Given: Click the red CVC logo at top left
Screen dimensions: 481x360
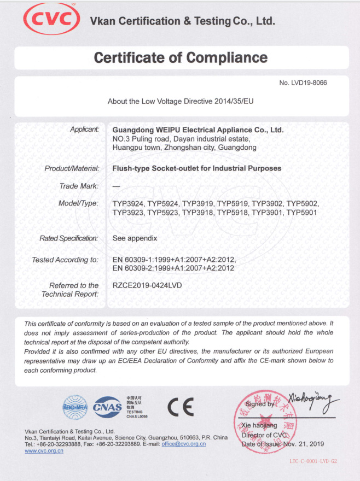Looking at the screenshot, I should coord(51,19).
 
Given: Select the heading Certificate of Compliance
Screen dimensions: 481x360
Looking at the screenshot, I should coord(181,57).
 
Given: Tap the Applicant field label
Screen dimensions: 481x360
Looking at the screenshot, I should coord(84,130).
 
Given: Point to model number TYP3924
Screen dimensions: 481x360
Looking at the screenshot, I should coord(129,203).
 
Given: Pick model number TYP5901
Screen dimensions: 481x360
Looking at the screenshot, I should coord(302,212).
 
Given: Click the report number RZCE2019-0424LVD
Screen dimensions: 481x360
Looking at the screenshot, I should coord(147,285).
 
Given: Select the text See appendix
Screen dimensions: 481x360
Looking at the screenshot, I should coord(135,238).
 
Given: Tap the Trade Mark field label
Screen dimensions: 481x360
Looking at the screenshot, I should coord(79,186).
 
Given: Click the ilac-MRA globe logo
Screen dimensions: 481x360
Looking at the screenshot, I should coord(76,407).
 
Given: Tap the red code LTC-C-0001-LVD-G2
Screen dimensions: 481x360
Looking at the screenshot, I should coord(313,461).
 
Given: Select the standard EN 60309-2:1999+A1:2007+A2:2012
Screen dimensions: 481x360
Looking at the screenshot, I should coord(173,268).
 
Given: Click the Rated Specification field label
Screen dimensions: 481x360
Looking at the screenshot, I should coord(68,238).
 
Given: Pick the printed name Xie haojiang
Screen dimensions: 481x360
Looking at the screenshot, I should coord(259,425).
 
